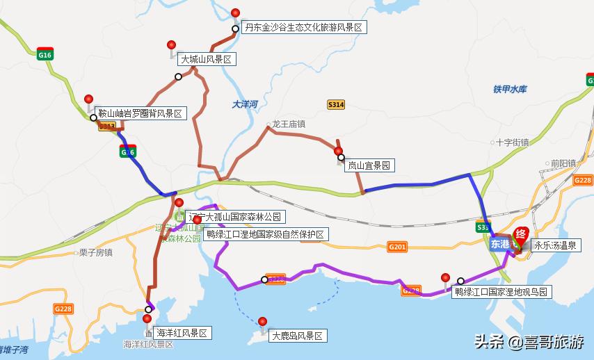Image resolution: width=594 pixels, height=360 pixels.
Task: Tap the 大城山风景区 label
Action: pyautogui.click(x=206, y=60)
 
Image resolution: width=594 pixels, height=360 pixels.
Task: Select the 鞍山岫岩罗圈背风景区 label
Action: pyautogui.click(x=139, y=113)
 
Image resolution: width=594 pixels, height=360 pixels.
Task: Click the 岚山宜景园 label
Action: pyautogui.click(x=369, y=165)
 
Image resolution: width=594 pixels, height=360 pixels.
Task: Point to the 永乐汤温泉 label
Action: pyautogui.click(x=553, y=245)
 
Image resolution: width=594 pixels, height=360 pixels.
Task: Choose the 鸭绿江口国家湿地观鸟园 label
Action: pyautogui.click(x=501, y=292)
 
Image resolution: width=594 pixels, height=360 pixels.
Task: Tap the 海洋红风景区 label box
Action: pyautogui.click(x=182, y=333)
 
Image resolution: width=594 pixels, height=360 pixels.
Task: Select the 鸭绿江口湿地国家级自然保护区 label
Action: pyautogui.click(x=265, y=234)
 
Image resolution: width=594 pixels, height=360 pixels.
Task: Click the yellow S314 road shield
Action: pyautogui.click(x=336, y=105)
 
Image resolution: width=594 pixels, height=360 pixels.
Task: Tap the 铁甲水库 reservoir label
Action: pyautogui.click(x=511, y=90)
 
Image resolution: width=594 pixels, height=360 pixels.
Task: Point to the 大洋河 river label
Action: pyautogui.click(x=245, y=105)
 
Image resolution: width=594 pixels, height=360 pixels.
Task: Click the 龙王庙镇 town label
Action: pyautogui.click(x=289, y=124)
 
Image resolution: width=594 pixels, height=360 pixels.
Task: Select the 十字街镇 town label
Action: pyautogui.click(x=513, y=142)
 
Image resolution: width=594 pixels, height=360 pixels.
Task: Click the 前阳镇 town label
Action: pyautogui.click(x=563, y=163)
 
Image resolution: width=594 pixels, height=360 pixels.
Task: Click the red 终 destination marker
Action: pyautogui.click(x=520, y=235)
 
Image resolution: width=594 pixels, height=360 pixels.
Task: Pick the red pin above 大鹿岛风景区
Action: pyautogui.click(x=262, y=322)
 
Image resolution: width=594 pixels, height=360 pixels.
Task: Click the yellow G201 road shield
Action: pyautogui.click(x=397, y=247)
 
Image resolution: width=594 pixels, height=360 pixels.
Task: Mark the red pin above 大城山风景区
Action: pyautogui.click(x=172, y=46)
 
